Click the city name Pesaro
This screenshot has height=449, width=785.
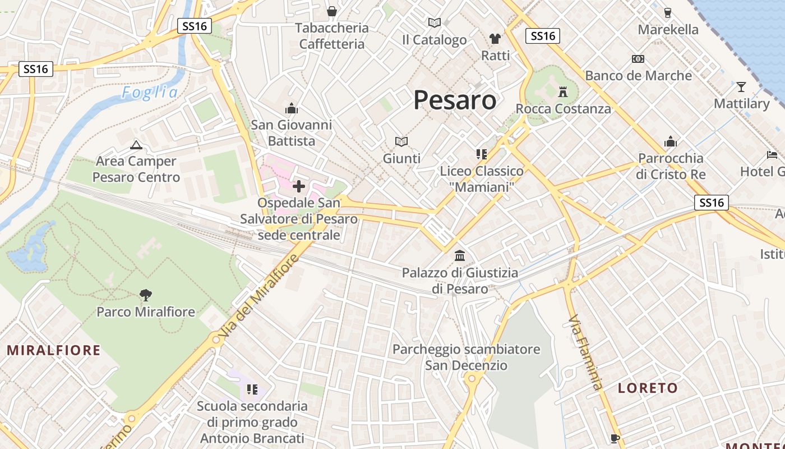(455, 100)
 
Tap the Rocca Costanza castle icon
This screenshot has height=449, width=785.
(563, 91)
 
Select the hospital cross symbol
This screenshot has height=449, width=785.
(299, 186)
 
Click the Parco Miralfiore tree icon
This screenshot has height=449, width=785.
(146, 295)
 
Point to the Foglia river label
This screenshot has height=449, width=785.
(150, 93)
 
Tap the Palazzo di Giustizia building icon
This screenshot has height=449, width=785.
(460, 256)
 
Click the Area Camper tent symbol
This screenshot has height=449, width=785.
(136, 145)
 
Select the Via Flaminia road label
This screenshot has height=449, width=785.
(586, 352)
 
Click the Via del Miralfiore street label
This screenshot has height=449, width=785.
(257, 296)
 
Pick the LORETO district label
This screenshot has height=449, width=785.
(648, 388)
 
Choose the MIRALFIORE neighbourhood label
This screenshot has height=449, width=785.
(53, 350)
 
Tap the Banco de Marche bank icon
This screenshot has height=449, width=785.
(638, 59)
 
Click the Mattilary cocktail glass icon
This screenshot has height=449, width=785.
(741, 87)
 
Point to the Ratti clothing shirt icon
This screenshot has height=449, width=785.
(495, 39)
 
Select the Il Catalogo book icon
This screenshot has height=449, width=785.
(434, 23)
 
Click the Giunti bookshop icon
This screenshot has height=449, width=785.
(401, 141)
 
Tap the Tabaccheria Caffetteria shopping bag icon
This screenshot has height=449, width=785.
(332, 11)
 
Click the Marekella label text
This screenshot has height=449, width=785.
(668, 29)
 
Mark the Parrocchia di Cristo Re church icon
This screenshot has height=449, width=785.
(670, 141)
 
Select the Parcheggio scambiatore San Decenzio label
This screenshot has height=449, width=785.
(466, 357)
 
